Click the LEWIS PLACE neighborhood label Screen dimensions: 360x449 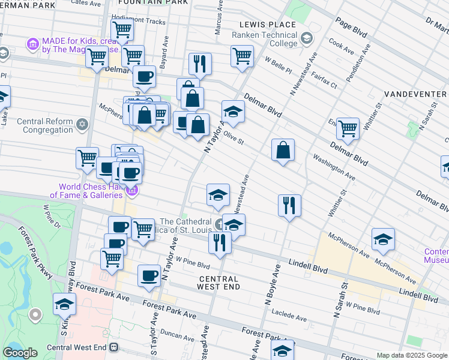point(267,25)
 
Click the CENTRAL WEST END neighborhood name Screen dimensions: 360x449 point(218,283)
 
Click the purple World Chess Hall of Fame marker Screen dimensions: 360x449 point(133,191)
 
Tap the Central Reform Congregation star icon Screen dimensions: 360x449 point(82,125)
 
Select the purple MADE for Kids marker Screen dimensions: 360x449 point(32,44)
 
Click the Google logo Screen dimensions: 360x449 point(20,352)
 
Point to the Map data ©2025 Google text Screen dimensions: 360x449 point(411,355)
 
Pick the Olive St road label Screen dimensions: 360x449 point(233,138)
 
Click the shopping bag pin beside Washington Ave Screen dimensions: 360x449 point(283,149)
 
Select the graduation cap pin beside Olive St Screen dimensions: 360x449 point(233,111)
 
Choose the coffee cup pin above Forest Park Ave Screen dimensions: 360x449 point(149,275)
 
